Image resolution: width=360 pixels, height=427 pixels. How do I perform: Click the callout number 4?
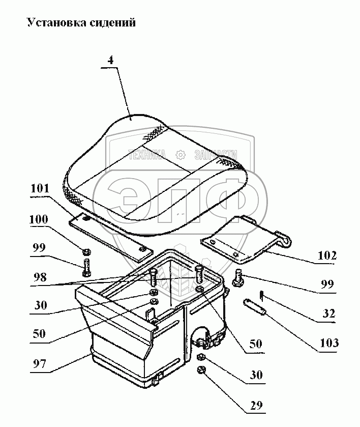[x=111, y=59]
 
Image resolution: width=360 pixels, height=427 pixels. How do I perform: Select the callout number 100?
[x=39, y=220]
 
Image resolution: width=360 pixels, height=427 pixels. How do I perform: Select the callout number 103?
[x=329, y=343]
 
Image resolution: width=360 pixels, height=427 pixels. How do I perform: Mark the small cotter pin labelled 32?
[x=261, y=295]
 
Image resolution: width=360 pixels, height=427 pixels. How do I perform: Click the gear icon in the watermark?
[x=179, y=154]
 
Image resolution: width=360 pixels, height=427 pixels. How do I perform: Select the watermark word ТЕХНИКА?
[x=147, y=155]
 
